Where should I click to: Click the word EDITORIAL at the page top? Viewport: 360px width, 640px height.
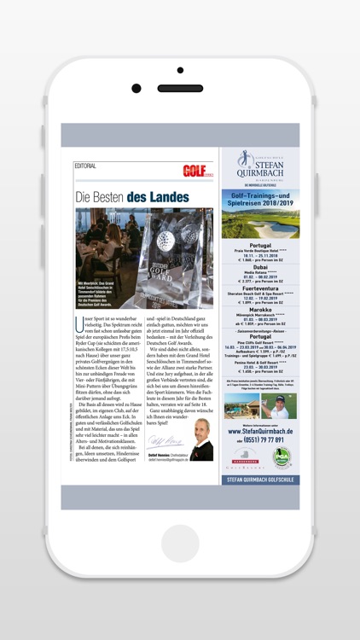[x=85, y=166]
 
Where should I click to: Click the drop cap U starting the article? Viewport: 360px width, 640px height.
[x=78, y=322]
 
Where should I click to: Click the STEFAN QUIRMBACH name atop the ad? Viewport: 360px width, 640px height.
[x=268, y=169]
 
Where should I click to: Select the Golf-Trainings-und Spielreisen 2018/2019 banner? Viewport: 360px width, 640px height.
[x=260, y=198]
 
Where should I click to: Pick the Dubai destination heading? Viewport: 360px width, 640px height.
[x=260, y=267]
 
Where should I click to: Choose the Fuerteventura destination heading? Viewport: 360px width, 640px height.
[x=260, y=286]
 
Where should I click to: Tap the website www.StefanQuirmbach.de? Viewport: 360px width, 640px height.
[x=260, y=432]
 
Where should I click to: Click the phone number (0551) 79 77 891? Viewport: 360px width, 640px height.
[x=264, y=441]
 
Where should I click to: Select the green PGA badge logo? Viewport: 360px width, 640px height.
[x=282, y=459]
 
